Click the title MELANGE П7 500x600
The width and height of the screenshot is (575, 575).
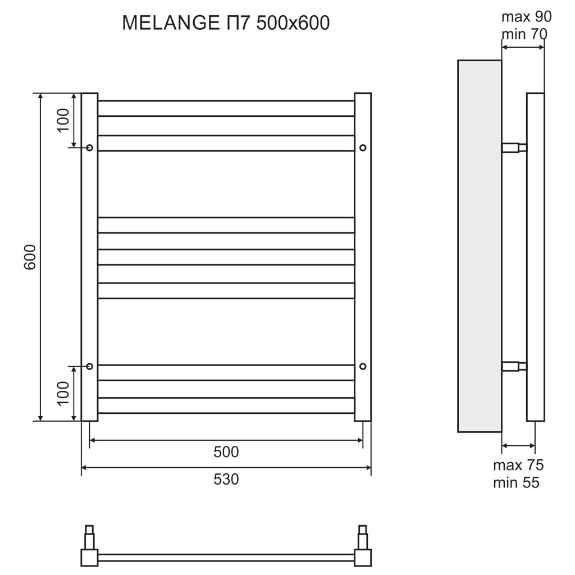click(226, 23)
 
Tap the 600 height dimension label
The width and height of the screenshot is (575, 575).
click(30, 257)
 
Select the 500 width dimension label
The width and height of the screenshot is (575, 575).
click(226, 451)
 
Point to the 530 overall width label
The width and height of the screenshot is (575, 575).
click(226, 479)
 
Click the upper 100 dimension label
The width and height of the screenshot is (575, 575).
click(63, 119)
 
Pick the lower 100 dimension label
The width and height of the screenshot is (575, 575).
click(63, 393)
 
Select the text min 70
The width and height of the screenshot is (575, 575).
click(524, 34)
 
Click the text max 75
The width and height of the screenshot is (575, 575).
click(518, 465)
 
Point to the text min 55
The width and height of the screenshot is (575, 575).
click(516, 482)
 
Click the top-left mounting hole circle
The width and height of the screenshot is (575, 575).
click(90, 148)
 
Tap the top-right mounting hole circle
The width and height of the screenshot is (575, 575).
click(363, 148)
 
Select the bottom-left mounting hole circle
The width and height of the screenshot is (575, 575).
click(90, 366)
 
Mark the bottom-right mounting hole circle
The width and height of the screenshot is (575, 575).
click(363, 366)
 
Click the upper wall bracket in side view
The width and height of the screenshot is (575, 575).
click(514, 148)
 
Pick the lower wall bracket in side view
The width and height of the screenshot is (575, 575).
click(514, 367)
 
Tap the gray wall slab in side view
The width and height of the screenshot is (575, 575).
click(479, 246)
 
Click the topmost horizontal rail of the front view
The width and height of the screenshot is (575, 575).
click(226, 108)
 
